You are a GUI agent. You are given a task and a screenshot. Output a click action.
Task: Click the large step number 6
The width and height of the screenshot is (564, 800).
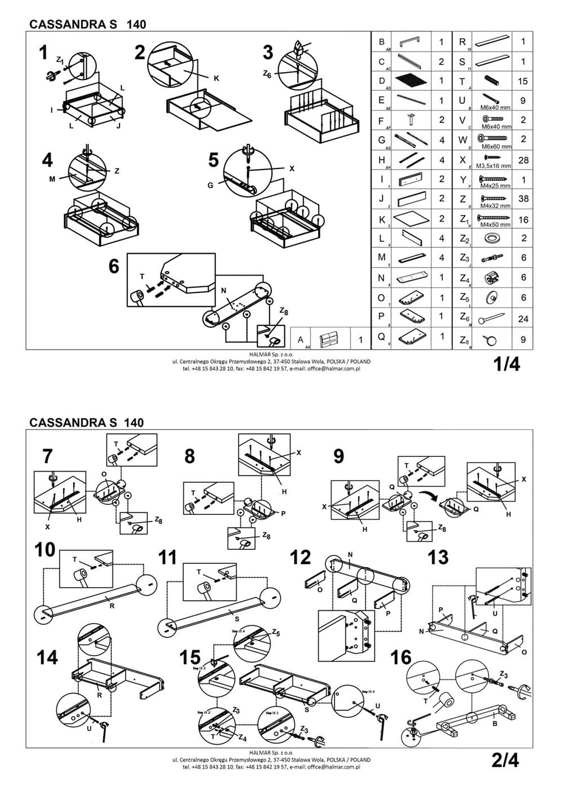pos(114,266)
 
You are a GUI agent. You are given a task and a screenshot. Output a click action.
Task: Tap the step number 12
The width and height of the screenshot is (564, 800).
pos(300,557)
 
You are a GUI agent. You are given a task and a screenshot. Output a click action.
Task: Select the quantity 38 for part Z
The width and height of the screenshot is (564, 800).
pos(523,199)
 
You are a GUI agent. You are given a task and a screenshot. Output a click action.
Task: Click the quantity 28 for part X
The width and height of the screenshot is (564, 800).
pos(523,160)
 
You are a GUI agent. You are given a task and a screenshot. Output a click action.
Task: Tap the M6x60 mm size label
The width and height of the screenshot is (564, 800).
pos(496,146)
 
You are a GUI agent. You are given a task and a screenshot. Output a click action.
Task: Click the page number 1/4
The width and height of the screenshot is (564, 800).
pos(506,364)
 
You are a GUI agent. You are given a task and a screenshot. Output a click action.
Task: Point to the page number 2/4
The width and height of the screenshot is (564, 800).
pos(505,761)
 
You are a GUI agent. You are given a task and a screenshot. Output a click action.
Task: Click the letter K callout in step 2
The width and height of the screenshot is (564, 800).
pos(216,79)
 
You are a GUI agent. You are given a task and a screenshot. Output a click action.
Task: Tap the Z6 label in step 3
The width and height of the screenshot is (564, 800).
pos(267,74)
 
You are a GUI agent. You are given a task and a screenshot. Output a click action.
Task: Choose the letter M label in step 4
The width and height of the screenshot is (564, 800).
pos(51,179)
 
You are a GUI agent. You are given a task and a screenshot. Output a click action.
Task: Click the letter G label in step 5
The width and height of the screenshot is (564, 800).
pos(210,185)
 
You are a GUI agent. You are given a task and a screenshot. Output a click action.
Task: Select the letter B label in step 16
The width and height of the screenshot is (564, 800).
pos(495,723)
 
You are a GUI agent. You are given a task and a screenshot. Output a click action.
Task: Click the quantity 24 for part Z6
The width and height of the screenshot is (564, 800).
pos(523,319)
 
